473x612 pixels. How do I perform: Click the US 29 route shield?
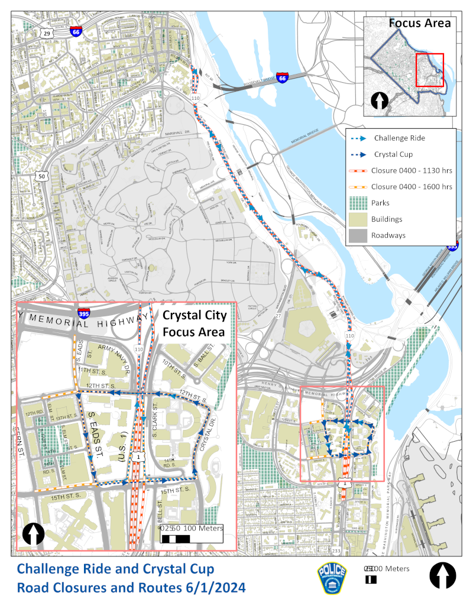coord(47,34)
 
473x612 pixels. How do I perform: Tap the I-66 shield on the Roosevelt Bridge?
coord(283,77)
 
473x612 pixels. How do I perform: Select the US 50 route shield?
coord(41,176)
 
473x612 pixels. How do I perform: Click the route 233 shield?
coord(336,551)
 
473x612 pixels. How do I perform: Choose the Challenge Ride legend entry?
coord(399,138)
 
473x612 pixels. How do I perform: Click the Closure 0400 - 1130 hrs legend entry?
coord(412,170)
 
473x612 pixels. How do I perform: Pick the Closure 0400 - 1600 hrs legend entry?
coord(412,187)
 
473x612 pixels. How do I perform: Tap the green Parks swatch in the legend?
coord(358,203)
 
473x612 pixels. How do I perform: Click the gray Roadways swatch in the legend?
coord(358,235)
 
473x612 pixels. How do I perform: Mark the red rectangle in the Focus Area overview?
coord(430,70)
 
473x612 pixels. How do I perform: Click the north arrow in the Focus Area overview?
coord(378,101)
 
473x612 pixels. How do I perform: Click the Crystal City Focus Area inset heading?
coord(193,323)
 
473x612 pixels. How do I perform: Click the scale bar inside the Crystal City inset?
coord(176,539)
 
